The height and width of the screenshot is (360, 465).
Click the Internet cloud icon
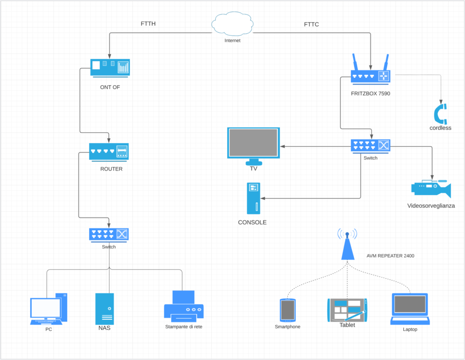tap(232, 24)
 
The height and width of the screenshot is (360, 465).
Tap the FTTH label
tap(148, 24)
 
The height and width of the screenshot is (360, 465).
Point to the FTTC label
tap(312, 25)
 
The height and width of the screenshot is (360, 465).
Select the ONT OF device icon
tap(110, 68)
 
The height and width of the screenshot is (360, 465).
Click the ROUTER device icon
tap(109, 152)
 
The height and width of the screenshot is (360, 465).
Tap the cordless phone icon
tap(440, 113)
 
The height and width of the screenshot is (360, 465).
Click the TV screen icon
tap(253, 146)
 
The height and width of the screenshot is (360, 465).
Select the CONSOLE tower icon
tap(253, 198)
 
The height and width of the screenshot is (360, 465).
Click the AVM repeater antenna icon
tap(347, 244)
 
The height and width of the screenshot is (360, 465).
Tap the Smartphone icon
tap(287, 310)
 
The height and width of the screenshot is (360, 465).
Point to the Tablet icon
tap(347, 310)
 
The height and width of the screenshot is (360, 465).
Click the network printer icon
tap(184, 306)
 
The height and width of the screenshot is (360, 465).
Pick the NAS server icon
tap(104, 309)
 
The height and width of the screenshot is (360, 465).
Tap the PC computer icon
tap(49, 309)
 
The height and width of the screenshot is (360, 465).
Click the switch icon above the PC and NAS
tap(109, 235)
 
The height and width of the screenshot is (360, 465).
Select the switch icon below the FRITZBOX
tap(371, 146)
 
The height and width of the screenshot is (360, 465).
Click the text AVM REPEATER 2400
tap(390, 256)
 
